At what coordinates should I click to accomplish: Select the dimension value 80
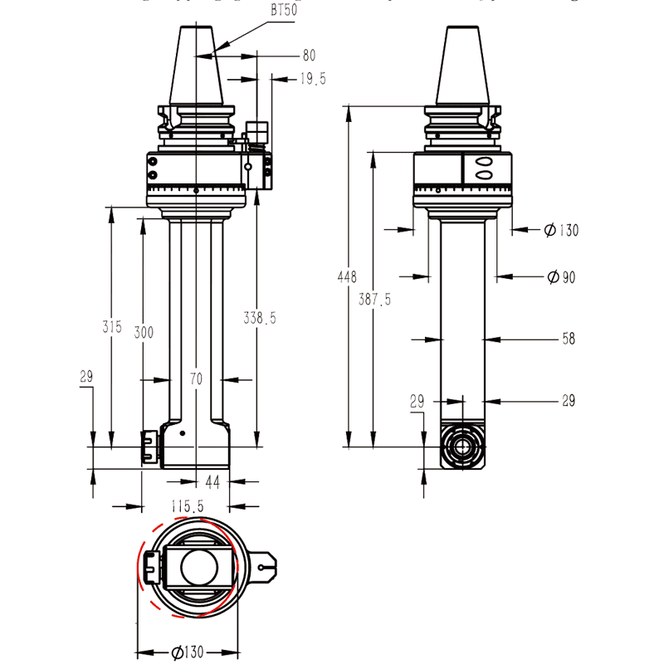(309, 56)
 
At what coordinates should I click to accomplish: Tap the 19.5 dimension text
(313, 79)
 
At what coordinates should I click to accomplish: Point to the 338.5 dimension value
(260, 317)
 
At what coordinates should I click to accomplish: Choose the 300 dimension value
(144, 332)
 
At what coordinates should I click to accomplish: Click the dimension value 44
(213, 481)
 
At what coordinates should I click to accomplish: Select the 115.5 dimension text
(188, 505)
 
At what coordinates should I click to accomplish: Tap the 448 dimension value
(347, 276)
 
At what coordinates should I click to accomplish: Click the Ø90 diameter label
(561, 277)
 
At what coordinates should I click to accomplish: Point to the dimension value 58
(568, 339)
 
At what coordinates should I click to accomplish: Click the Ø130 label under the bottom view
(188, 652)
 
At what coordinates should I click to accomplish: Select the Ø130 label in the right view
(561, 230)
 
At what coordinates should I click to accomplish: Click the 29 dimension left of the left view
(86, 378)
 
